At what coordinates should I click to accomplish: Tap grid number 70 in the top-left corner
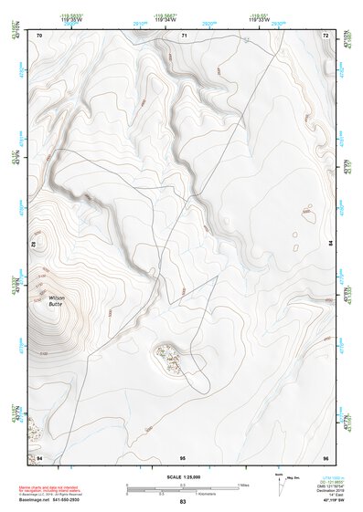click(39, 35)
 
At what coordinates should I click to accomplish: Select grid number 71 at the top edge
click(184, 35)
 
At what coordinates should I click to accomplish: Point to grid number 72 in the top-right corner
click(326, 35)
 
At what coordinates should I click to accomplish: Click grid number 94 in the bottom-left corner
click(39, 456)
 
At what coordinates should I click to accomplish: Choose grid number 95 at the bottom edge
click(183, 456)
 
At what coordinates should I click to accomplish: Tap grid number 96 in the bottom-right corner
click(326, 456)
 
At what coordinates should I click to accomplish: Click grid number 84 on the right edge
click(329, 243)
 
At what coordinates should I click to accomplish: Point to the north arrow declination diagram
click(280, 482)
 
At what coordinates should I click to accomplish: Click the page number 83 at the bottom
click(183, 503)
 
